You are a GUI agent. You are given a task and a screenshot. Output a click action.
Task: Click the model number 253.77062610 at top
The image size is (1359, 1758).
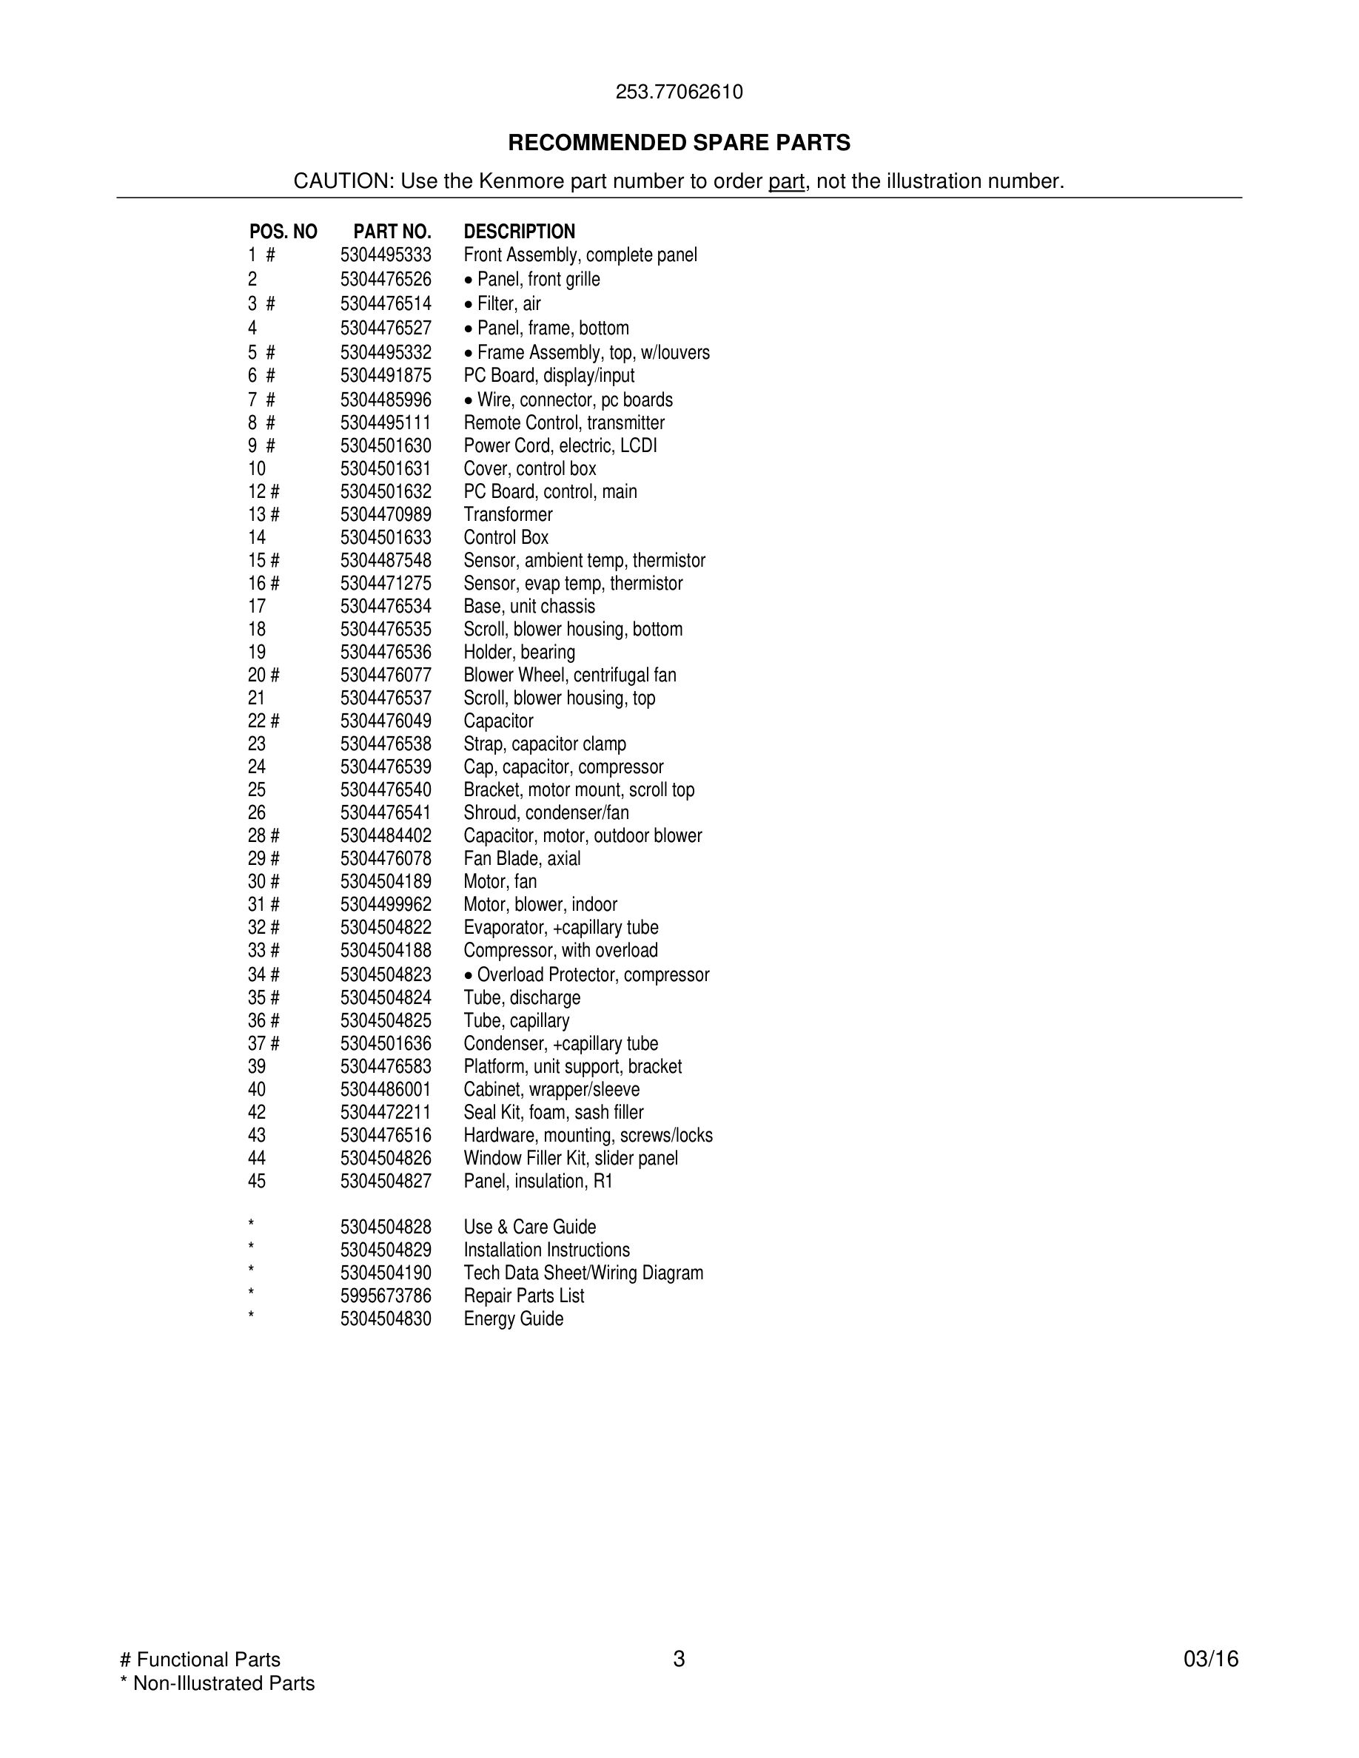click(x=679, y=92)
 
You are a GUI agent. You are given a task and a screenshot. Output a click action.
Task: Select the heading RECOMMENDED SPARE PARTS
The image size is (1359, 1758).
click(x=679, y=144)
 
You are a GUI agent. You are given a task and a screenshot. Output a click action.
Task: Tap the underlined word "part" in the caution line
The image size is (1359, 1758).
click(x=786, y=182)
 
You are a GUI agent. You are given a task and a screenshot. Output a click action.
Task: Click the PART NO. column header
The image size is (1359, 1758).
click(x=392, y=232)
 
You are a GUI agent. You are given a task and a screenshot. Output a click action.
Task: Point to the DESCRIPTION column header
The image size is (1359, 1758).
click(x=520, y=232)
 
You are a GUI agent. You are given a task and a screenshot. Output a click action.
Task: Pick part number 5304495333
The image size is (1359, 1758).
click(x=386, y=255)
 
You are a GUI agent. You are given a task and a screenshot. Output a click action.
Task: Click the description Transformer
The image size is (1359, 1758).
click(x=508, y=514)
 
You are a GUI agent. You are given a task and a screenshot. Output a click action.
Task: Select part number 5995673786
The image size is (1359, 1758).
click(x=386, y=1296)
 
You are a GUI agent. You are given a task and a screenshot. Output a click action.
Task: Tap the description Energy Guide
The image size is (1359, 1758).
click(x=514, y=1318)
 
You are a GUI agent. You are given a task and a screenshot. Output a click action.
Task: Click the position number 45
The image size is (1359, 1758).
click(x=257, y=1181)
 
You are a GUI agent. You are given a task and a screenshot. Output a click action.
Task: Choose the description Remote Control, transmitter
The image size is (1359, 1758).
click(x=564, y=422)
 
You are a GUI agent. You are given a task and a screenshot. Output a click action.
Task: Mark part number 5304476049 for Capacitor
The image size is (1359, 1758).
click(x=386, y=721)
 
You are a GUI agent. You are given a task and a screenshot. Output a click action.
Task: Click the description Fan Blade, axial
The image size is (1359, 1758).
click(x=522, y=859)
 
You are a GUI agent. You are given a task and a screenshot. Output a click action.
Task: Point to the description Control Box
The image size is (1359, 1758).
click(x=506, y=538)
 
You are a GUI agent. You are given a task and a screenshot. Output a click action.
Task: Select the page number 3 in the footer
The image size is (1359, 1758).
click(x=679, y=1659)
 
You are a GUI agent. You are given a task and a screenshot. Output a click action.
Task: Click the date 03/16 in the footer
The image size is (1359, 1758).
click(x=1211, y=1659)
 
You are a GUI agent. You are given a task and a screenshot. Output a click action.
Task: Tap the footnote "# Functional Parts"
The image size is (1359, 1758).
click(x=200, y=1659)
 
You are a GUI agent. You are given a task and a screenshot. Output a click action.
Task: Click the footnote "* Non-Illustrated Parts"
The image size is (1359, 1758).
click(x=217, y=1683)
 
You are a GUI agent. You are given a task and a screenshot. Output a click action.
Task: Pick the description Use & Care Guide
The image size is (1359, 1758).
click(x=530, y=1227)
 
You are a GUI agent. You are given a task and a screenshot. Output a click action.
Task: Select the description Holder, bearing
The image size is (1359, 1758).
click(x=520, y=652)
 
